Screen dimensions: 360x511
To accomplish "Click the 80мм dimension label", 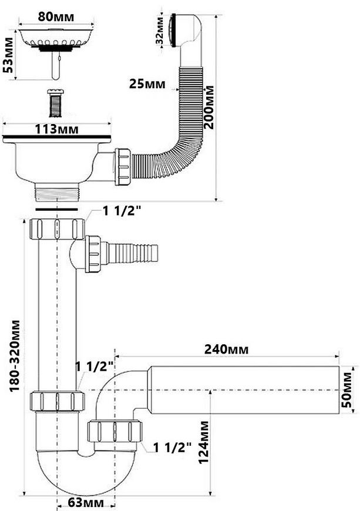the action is click(56, 17).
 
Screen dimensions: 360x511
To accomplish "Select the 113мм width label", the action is click(57, 129).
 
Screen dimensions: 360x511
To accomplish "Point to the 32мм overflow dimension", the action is click(160, 31).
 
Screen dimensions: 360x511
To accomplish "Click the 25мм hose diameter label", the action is click(147, 84).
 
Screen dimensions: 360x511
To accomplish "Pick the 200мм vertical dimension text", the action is click(209, 107).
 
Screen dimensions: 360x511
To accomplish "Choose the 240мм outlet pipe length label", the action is click(226, 349).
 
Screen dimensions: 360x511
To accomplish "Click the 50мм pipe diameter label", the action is click(347, 390).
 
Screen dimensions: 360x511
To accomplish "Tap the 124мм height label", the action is click(204, 442).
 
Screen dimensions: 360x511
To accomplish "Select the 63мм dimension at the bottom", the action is click(86, 503).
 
